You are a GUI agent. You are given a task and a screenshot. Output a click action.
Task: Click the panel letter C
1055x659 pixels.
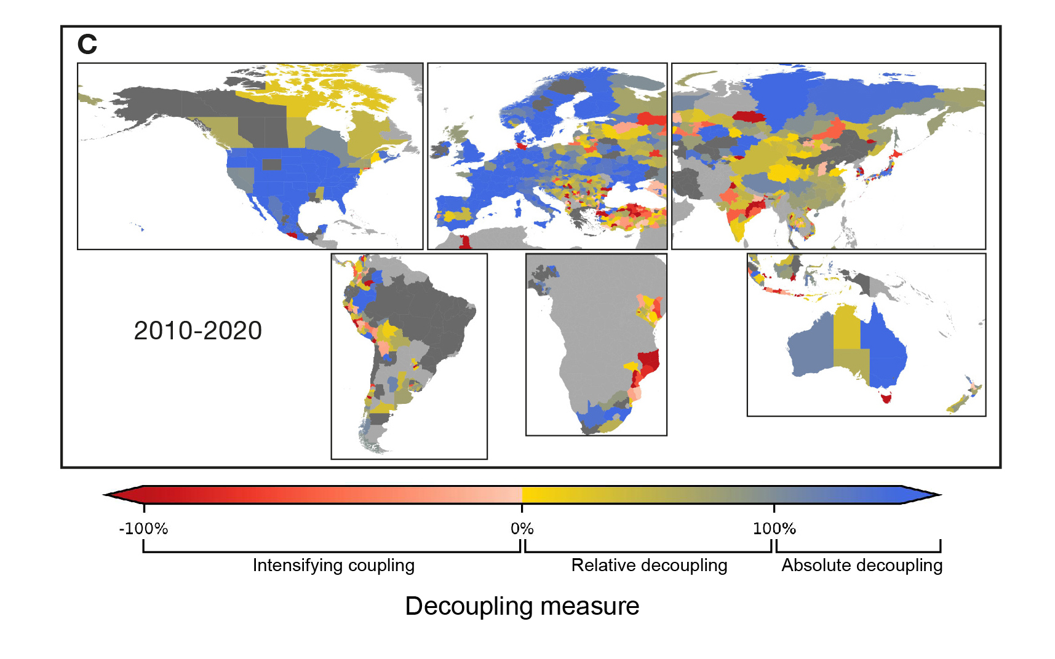coord(87,44)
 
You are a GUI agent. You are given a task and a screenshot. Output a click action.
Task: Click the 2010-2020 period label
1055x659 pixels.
coord(197,331)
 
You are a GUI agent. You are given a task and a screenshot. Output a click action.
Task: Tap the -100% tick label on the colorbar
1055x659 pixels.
coord(143,529)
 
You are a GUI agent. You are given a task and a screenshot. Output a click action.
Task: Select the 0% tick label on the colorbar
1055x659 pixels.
coord(522,529)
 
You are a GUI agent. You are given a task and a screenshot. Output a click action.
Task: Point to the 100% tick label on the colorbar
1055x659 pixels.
coord(774,529)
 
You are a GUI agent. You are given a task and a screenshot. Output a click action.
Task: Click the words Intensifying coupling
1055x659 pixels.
coord(333,566)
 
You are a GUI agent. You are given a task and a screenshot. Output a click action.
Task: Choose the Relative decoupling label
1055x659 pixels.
coord(649,566)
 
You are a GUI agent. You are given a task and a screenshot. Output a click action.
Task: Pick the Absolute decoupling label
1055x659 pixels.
coord(861,566)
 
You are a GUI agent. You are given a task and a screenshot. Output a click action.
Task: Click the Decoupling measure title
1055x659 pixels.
coord(522,606)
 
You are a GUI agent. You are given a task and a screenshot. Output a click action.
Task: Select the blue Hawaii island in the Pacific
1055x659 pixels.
coord(142,229)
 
